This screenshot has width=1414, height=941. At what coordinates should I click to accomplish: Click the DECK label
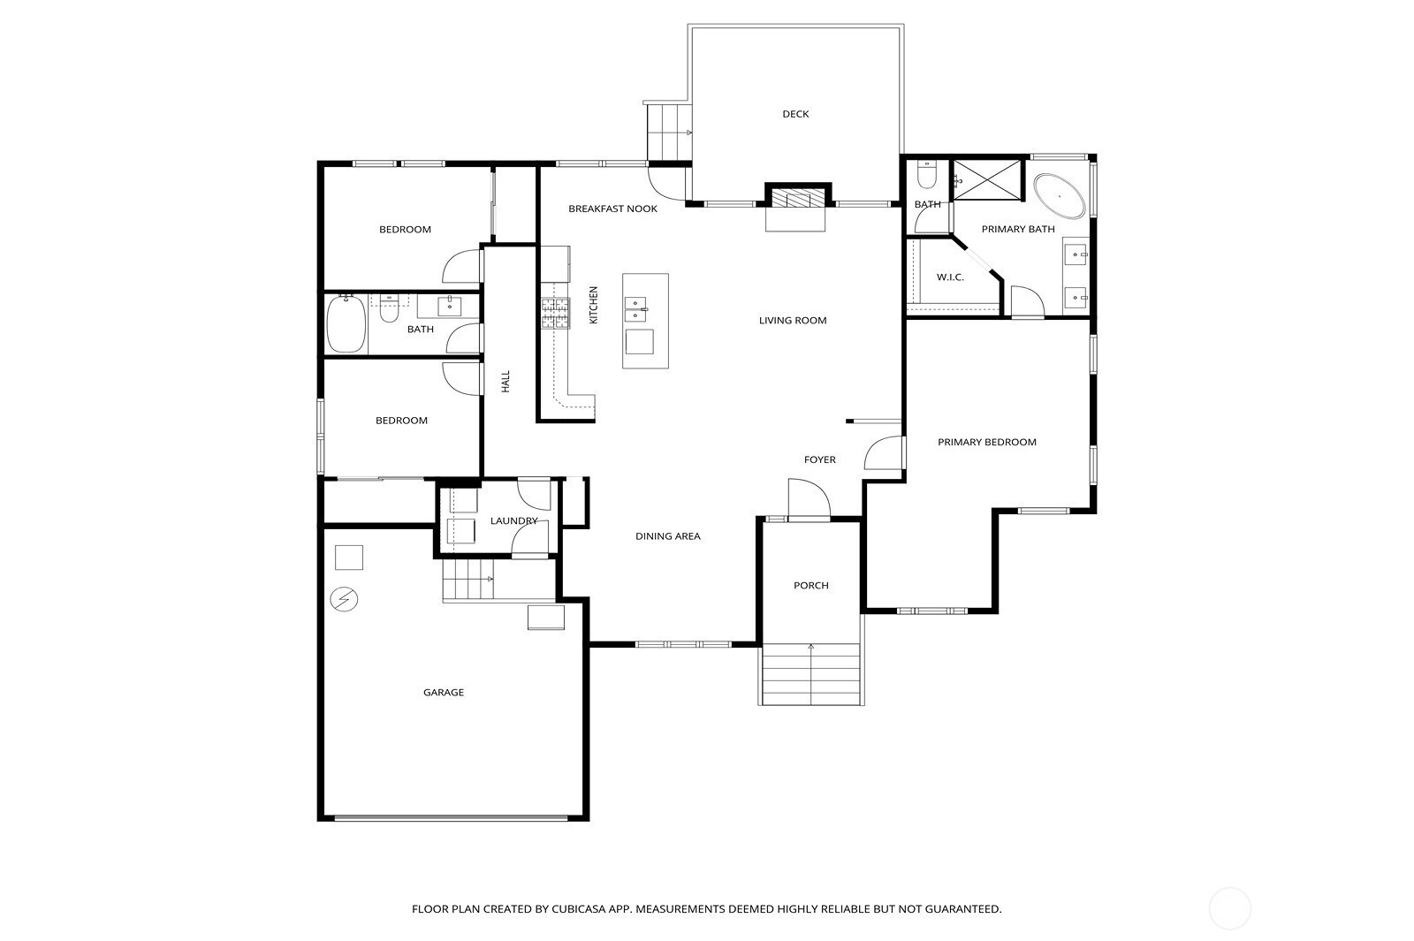pyautogui.click(x=795, y=114)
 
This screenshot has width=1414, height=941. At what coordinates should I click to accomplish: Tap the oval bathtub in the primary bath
pyautogui.click(x=1060, y=196)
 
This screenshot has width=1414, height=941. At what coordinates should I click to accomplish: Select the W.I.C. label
pyautogui.click(x=950, y=277)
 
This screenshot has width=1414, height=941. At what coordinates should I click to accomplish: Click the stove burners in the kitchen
pyautogui.click(x=556, y=313)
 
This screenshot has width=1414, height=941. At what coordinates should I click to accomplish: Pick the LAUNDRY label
pyautogui.click(x=513, y=520)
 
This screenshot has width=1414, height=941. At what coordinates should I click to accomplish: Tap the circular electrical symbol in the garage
pyautogui.click(x=344, y=599)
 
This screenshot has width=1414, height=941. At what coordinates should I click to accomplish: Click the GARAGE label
pyautogui.click(x=443, y=693)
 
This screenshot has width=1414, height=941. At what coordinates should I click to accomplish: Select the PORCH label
pyautogui.click(x=811, y=586)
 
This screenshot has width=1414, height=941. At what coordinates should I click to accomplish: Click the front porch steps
pyautogui.click(x=811, y=674)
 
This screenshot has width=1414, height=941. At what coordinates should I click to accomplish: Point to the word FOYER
pyautogui.click(x=820, y=460)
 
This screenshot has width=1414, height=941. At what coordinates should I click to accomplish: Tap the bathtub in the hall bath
pyautogui.click(x=346, y=324)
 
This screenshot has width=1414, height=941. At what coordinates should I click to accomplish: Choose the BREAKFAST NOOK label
pyautogui.click(x=613, y=209)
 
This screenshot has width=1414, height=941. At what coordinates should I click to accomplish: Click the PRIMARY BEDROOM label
pyautogui.click(x=986, y=443)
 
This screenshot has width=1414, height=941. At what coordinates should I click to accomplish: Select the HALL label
pyautogui.click(x=506, y=381)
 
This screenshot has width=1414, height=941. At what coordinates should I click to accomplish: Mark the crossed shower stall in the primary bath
pyautogui.click(x=986, y=180)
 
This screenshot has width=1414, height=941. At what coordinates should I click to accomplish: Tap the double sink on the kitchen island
pyautogui.click(x=635, y=309)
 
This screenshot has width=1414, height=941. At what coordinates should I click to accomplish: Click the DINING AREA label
pyautogui.click(x=668, y=536)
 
